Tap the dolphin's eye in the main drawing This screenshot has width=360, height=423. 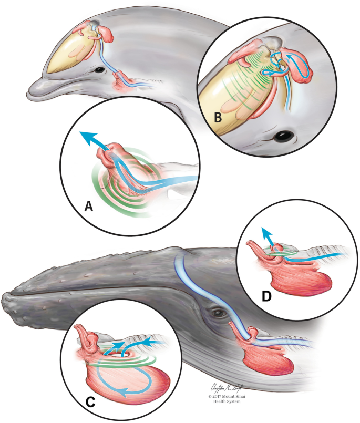coord(99,70)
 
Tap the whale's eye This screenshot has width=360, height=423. coord(216,314)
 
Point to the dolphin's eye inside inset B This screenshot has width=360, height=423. coord(284,136)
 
